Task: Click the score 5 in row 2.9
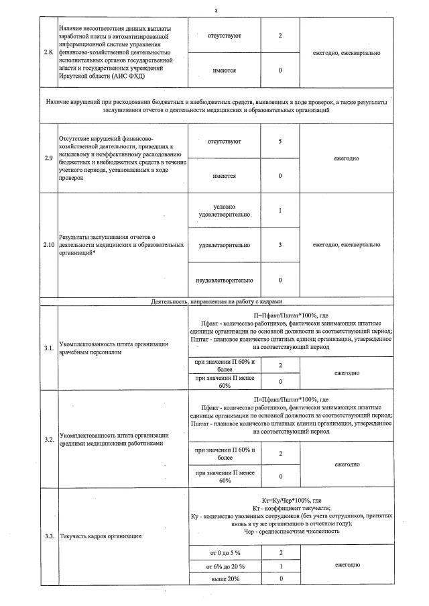click(280, 141)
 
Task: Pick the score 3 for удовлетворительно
click(280, 245)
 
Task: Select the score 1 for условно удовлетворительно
click(280, 211)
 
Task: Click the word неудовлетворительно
click(224, 280)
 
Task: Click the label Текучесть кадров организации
click(101, 536)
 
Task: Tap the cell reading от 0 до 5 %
click(225, 552)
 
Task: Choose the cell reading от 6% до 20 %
click(225, 566)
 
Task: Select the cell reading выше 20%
click(225, 578)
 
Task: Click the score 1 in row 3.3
click(280, 566)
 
